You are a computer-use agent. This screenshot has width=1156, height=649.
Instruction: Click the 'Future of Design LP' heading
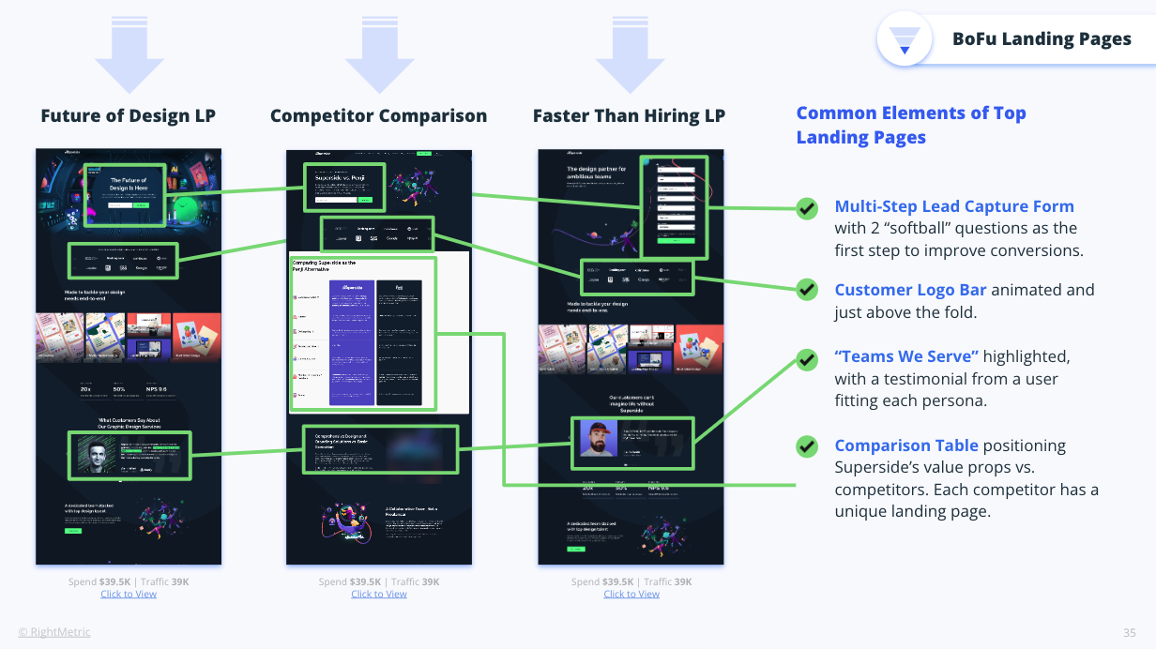(x=128, y=116)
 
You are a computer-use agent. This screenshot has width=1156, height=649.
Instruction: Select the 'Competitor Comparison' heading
(x=378, y=116)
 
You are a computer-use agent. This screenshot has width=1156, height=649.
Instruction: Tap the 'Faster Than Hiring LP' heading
(x=629, y=116)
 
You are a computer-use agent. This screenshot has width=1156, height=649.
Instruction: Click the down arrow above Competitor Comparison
(x=379, y=53)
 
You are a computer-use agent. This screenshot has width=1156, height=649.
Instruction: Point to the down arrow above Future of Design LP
(x=129, y=53)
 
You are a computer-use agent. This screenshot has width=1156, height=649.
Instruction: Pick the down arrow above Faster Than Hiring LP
(x=630, y=53)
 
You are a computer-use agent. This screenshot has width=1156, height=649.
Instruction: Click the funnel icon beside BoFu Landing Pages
(x=905, y=39)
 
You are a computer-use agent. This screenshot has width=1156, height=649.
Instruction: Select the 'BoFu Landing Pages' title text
(x=1042, y=39)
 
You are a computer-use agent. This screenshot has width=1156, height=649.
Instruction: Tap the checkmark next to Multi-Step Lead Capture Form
(x=807, y=208)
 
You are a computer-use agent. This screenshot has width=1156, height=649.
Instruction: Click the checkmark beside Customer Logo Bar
(x=807, y=289)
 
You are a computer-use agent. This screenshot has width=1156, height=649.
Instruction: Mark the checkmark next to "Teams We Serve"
(x=807, y=358)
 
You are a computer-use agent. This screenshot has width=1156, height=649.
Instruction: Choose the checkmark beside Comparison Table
(x=807, y=446)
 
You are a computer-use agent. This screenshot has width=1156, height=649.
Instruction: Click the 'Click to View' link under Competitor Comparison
(x=379, y=594)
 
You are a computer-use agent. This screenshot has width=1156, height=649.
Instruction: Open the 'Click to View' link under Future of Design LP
(x=129, y=594)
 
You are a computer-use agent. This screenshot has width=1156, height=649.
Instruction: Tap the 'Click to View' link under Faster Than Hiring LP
(x=631, y=594)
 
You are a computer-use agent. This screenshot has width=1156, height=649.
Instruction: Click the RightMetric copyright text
(x=54, y=632)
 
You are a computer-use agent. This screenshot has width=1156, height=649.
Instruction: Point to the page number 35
(x=1130, y=632)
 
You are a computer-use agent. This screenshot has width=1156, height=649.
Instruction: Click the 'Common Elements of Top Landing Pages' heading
(x=910, y=125)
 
